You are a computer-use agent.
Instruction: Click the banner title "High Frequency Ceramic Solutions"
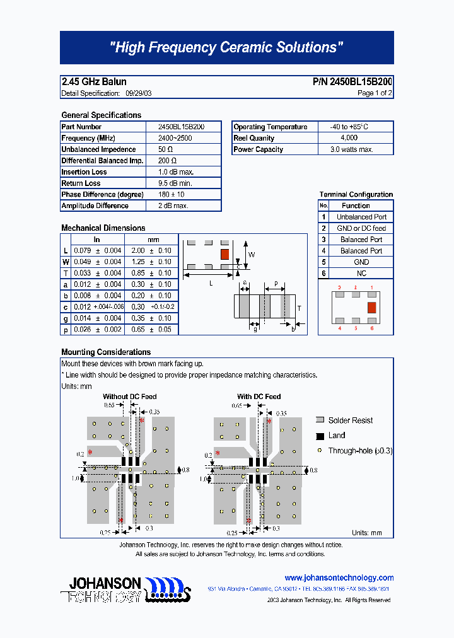226,47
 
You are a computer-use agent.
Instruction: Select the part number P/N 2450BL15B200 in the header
352,82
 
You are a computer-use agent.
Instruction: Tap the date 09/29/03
138,93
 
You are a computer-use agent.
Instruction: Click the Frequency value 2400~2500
176,138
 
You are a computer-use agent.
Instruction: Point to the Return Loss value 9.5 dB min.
176,183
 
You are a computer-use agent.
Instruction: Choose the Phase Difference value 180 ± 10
171,195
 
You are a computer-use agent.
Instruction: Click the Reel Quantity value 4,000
349,138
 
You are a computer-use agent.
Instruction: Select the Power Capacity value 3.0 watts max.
352,149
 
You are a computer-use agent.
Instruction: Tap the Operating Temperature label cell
271,127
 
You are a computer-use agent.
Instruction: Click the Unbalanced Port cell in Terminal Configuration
361,217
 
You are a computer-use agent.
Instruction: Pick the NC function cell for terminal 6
361,274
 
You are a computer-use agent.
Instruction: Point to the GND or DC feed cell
361,228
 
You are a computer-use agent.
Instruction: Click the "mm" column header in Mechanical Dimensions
153,240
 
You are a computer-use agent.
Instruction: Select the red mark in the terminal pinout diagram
371,307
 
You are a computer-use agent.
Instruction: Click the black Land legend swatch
320,436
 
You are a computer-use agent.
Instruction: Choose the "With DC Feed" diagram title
259,397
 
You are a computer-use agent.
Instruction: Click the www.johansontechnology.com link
339,577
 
